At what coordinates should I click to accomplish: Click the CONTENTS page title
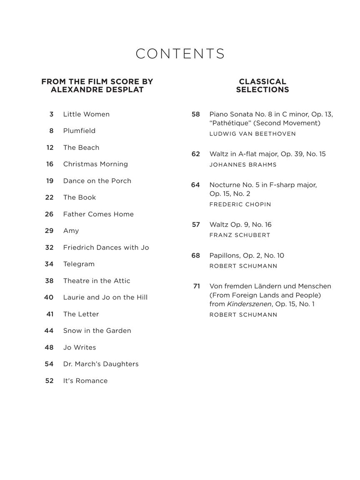click(180, 54)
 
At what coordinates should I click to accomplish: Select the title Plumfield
click(79, 131)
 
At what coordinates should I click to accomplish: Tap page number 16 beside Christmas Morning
click(50, 164)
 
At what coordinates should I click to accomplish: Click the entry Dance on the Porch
click(97, 181)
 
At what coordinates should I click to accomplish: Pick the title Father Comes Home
click(98, 214)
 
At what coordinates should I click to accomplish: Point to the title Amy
click(71, 231)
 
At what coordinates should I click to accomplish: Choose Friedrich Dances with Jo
click(106, 247)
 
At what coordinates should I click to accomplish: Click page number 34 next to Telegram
click(49, 264)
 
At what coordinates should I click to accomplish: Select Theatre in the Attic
click(97, 281)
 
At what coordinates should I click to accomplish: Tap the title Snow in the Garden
click(97, 331)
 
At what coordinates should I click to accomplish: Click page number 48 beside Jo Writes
click(49, 347)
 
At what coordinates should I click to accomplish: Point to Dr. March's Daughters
click(101, 364)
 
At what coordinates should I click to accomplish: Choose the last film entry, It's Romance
click(85, 381)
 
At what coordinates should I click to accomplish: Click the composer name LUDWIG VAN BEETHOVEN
click(252, 134)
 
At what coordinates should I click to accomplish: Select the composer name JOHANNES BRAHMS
click(243, 165)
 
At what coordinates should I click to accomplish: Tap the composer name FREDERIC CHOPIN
click(240, 205)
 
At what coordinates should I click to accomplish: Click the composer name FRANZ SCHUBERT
click(240, 235)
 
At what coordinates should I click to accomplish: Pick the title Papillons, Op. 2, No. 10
click(247, 255)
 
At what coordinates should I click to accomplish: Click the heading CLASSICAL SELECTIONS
click(262, 85)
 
